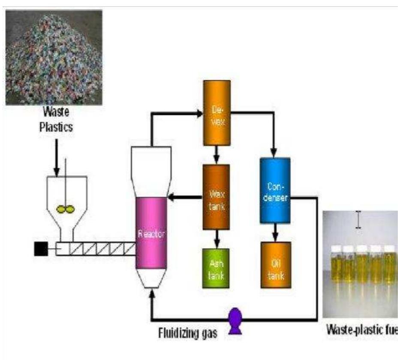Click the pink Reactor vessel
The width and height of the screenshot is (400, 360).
[151, 232]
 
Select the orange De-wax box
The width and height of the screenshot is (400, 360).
[217, 113]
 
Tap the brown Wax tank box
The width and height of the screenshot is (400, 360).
[217, 197]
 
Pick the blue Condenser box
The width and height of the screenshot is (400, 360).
[275, 190]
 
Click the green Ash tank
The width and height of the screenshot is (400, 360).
[216, 267]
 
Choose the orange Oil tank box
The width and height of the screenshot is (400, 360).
[276, 264]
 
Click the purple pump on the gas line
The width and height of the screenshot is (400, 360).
[235, 320]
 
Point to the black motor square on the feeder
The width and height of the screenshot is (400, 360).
[41, 249]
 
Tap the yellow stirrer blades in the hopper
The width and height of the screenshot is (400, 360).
[66, 209]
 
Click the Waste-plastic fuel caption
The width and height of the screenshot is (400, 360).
[362, 330]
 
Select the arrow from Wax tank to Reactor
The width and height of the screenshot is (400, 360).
[185, 197]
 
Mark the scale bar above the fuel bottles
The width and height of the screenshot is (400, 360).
[358, 220]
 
